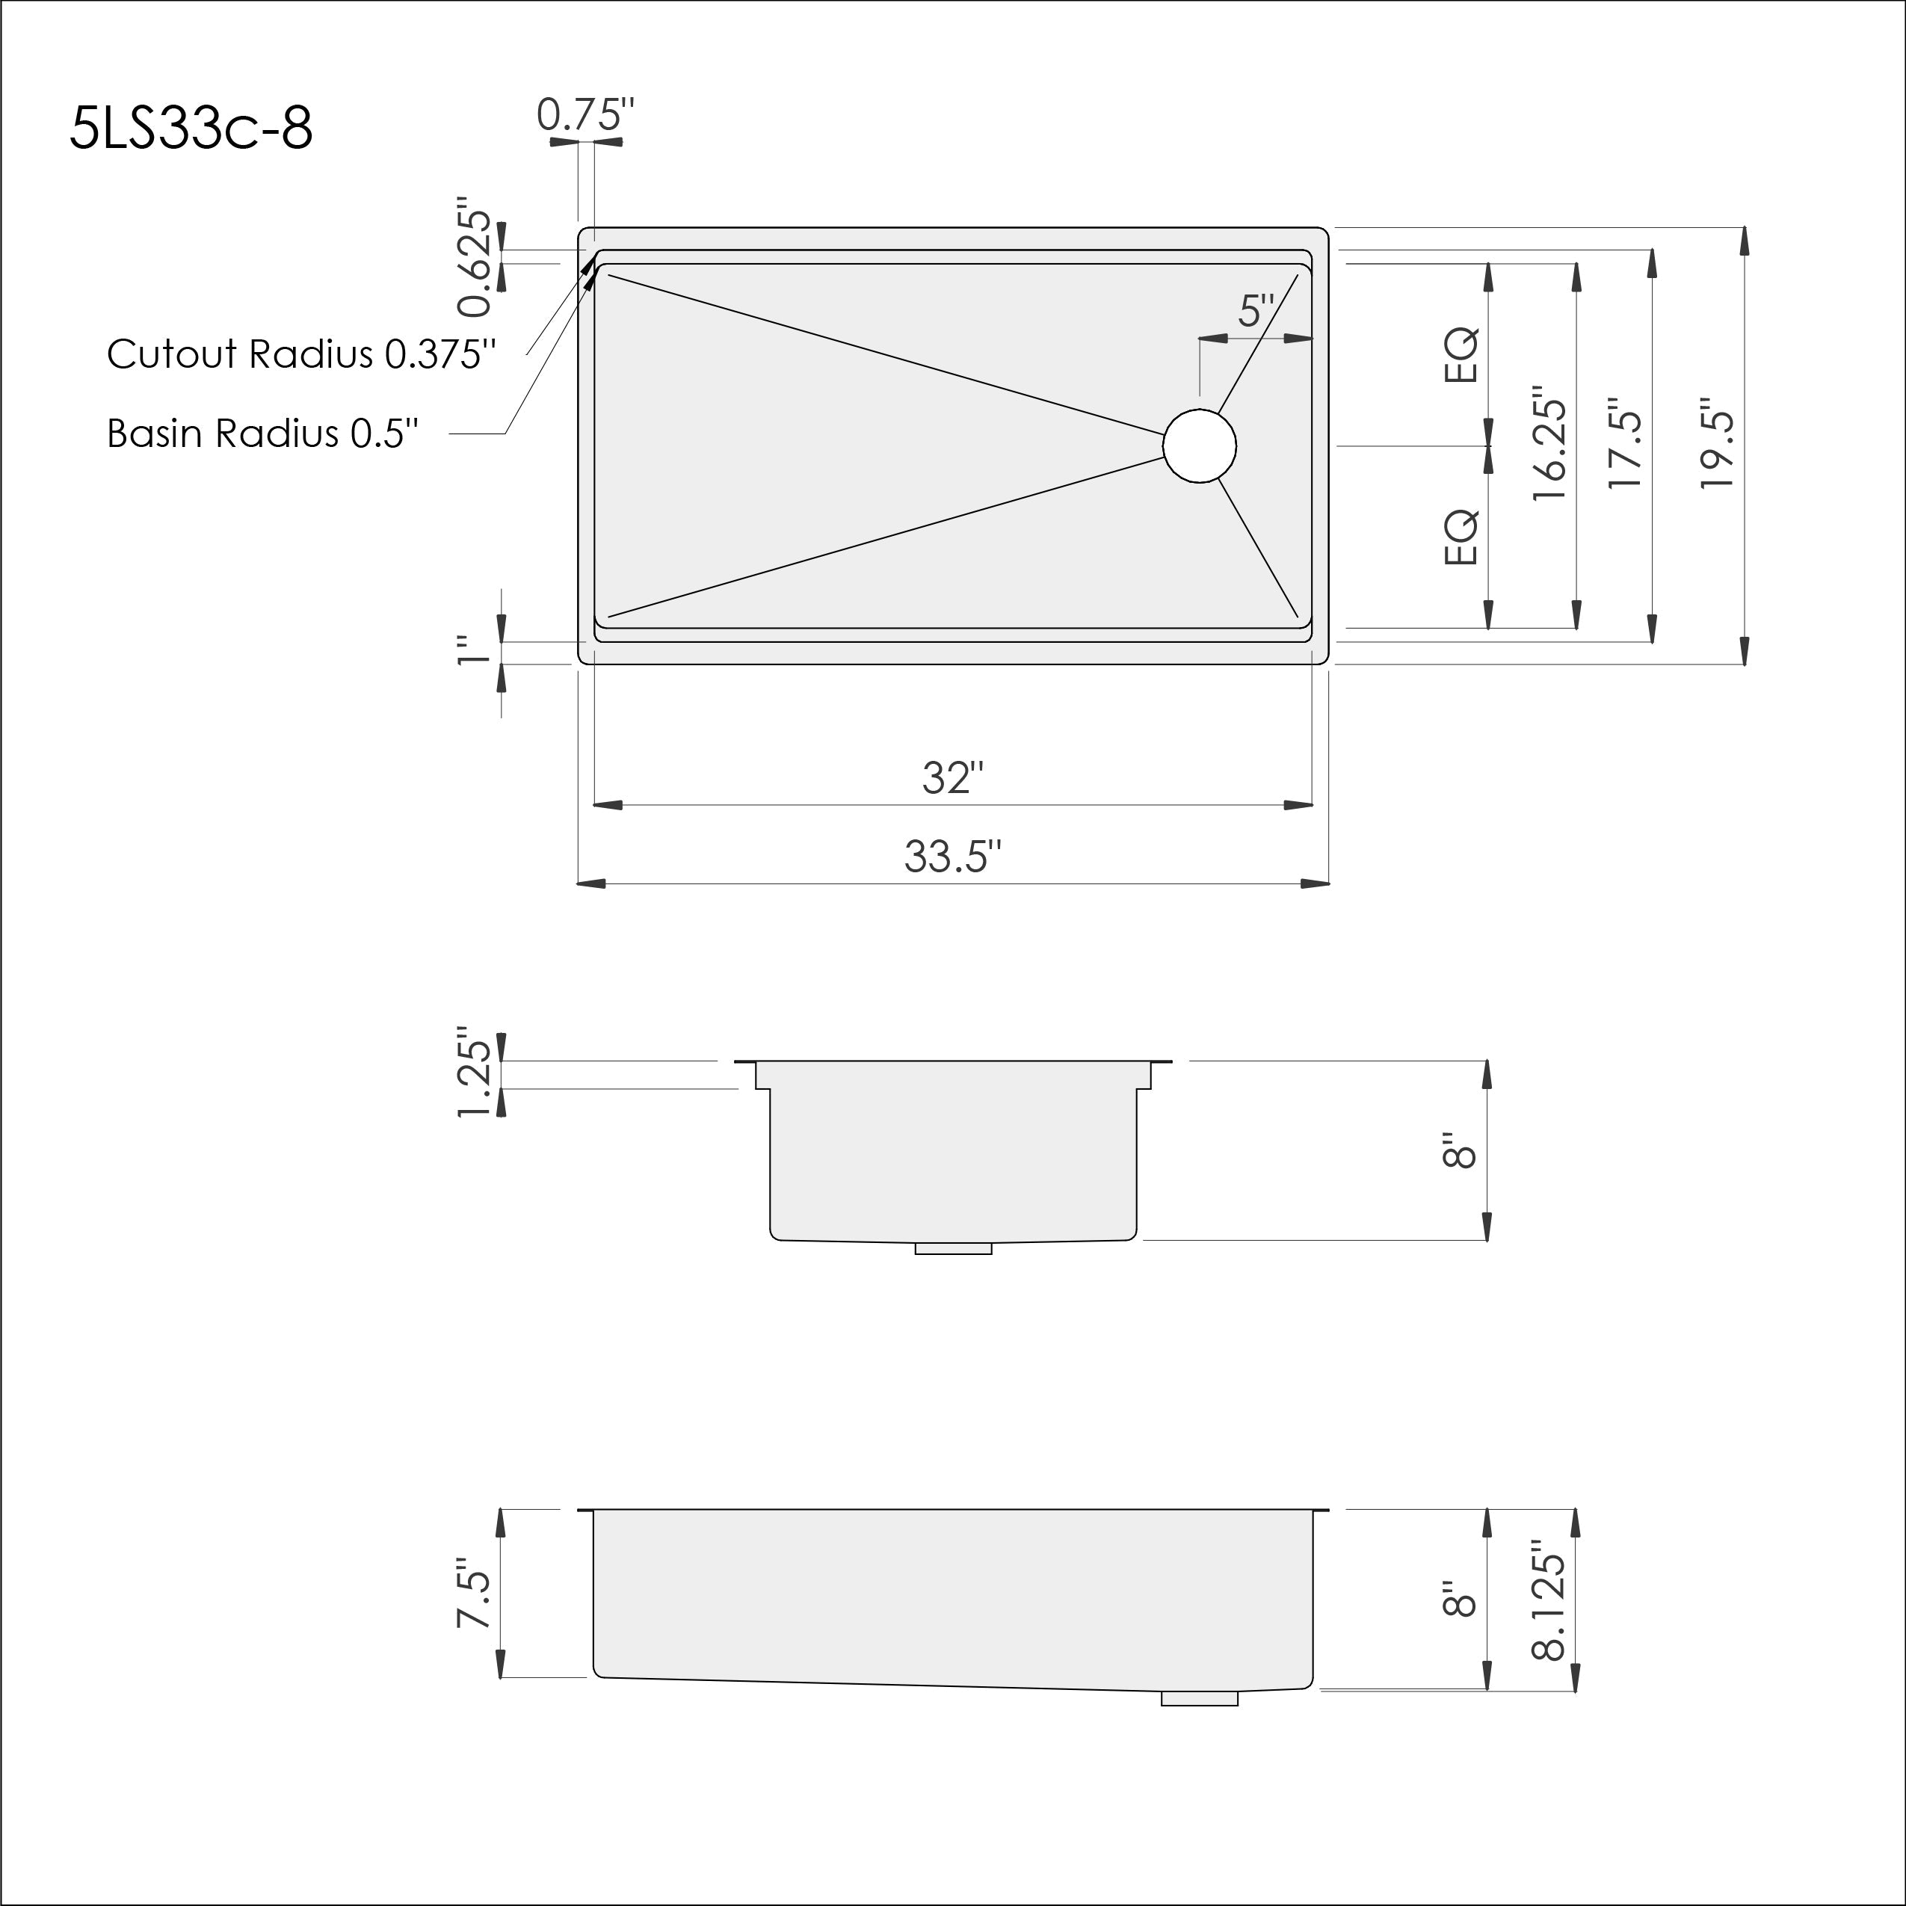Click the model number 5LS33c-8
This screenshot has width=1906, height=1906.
[191, 129]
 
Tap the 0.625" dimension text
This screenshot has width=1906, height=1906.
[475, 262]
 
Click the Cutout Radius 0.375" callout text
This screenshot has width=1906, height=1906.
[301, 354]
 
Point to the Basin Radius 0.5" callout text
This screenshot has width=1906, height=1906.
[262, 433]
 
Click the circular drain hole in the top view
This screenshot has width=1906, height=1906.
[1199, 446]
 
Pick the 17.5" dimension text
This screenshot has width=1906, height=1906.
[1625, 444]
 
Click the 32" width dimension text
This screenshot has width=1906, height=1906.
[953, 778]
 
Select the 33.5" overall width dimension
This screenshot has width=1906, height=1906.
[953, 857]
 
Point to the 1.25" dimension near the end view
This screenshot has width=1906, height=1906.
[475, 1076]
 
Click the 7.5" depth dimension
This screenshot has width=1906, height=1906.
[475, 1592]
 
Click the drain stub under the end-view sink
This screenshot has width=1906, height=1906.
[953, 1249]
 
